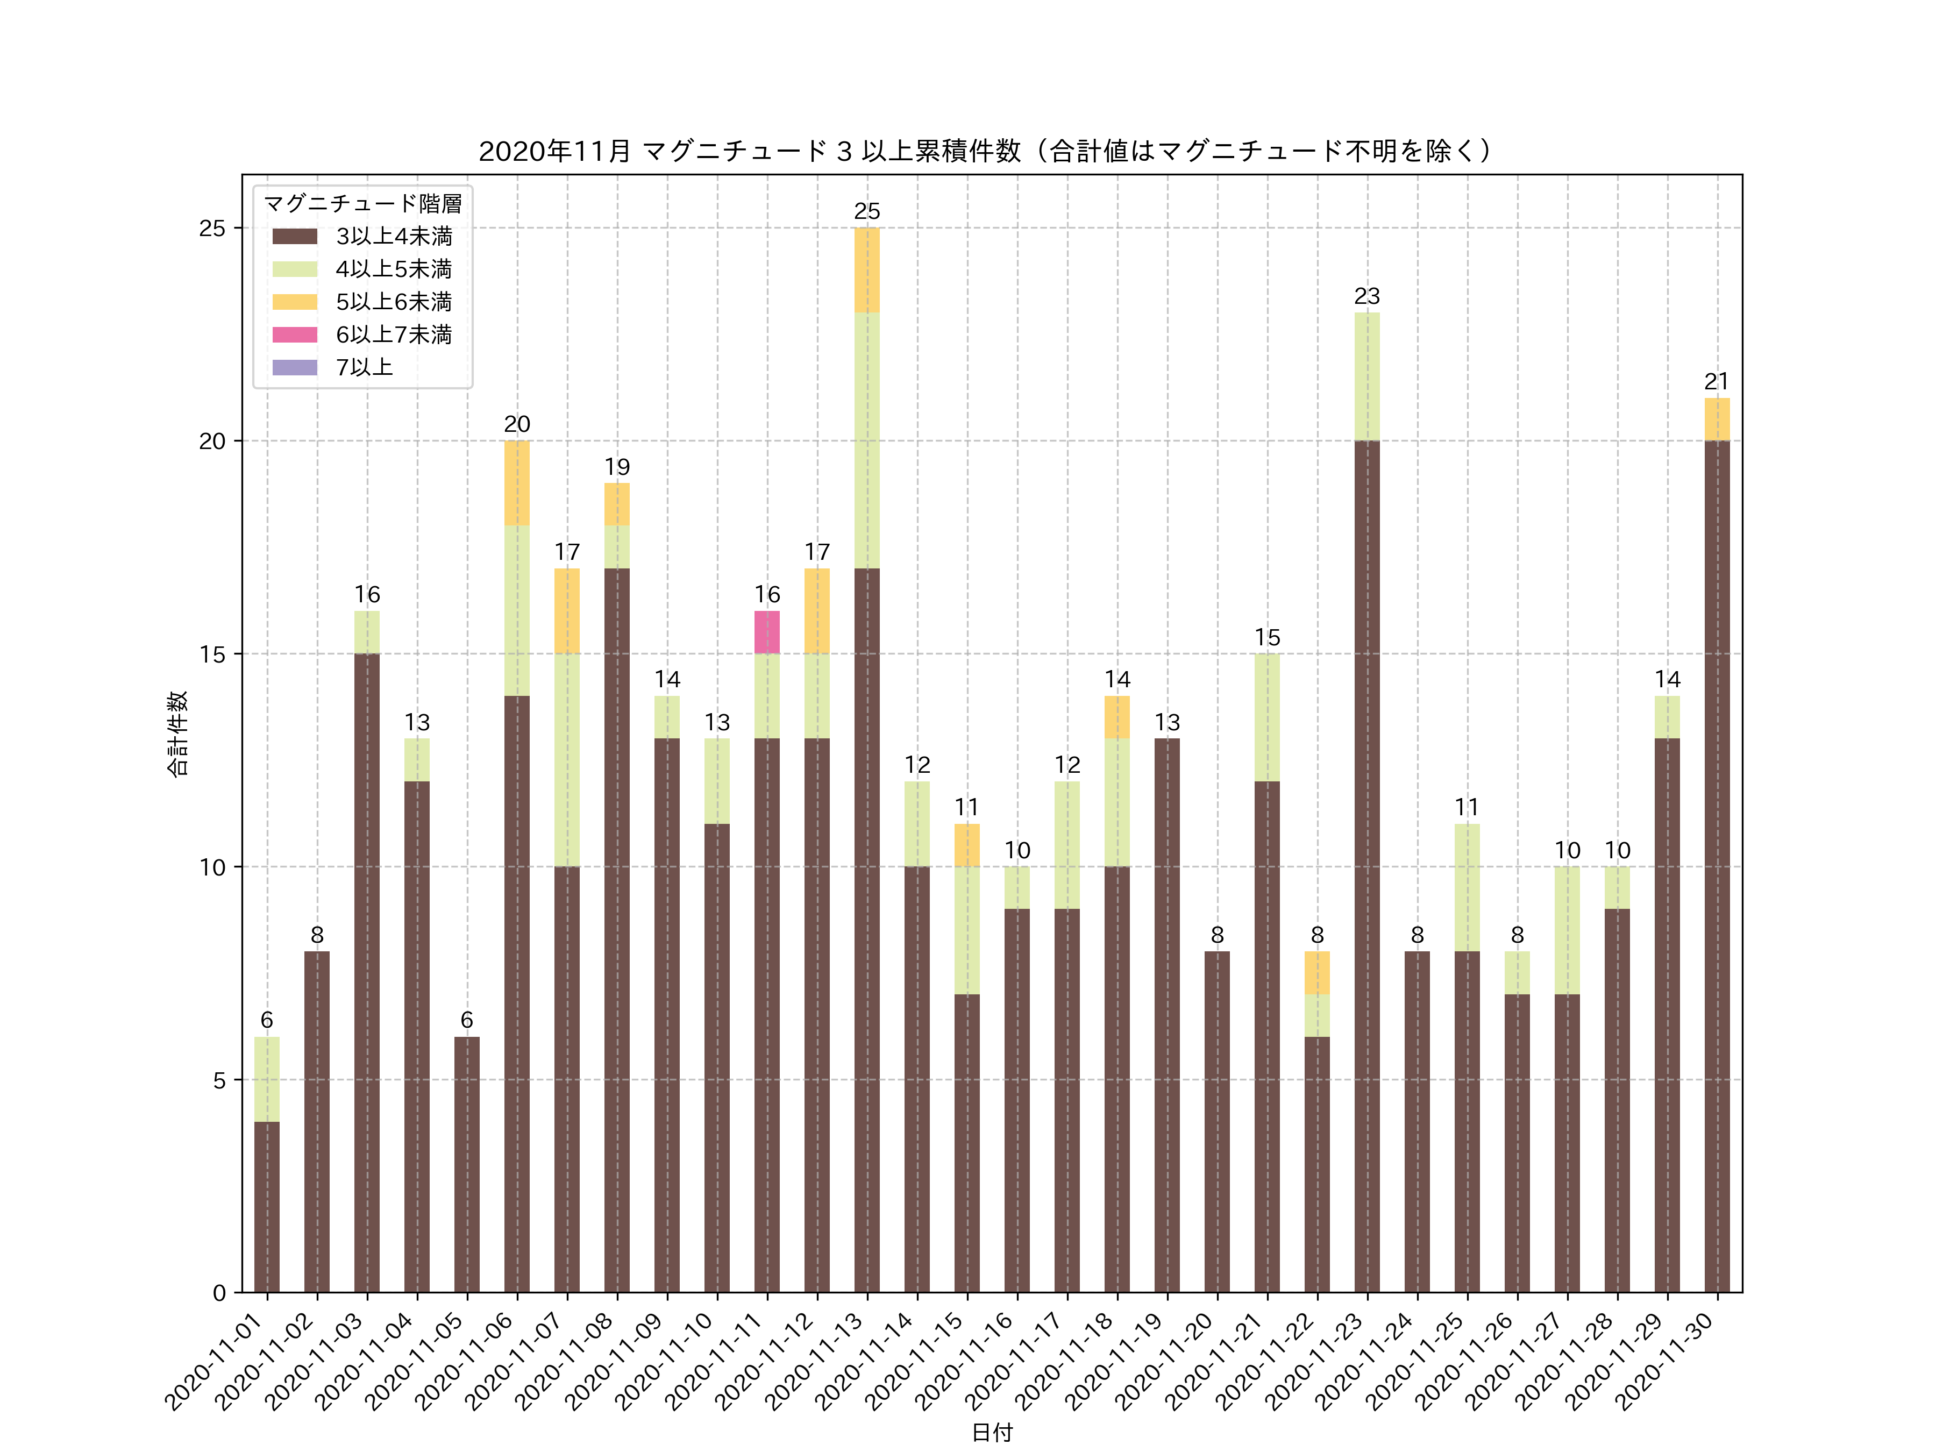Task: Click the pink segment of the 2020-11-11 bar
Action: tap(767, 632)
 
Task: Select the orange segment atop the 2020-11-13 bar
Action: tap(866, 269)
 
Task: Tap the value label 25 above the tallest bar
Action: tap(866, 211)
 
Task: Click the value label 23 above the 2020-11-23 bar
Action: tap(1366, 296)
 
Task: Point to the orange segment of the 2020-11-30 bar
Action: tap(1717, 419)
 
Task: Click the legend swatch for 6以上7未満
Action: tap(294, 334)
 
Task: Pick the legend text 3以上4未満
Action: tap(394, 236)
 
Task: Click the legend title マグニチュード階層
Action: tap(362, 204)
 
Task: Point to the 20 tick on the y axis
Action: tap(212, 441)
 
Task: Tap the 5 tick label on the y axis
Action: tap(219, 1080)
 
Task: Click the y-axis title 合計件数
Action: tap(177, 734)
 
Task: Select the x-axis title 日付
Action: tap(992, 1432)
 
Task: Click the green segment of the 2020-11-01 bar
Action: tap(267, 1079)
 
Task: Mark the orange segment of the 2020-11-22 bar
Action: tap(1316, 972)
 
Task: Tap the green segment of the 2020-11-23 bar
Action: tap(1366, 376)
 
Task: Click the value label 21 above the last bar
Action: tap(1717, 382)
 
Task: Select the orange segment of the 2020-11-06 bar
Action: tap(516, 483)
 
